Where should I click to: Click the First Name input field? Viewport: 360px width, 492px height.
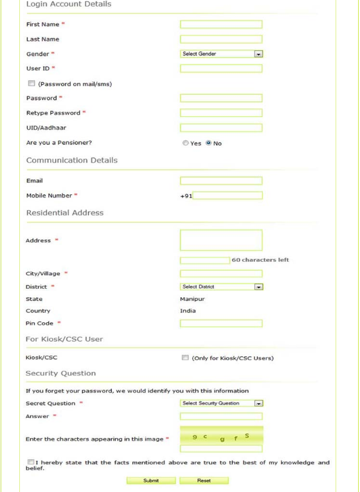pos(221,24)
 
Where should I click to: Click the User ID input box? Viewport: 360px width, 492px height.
pos(221,68)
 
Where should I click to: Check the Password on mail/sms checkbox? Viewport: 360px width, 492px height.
pos(31,84)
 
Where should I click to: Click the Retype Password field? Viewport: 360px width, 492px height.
pos(221,113)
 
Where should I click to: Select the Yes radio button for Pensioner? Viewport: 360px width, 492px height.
pos(186,143)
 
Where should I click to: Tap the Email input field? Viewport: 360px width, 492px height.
pos(221,181)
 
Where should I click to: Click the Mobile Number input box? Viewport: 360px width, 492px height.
pos(228,196)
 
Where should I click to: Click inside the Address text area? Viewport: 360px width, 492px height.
pos(221,240)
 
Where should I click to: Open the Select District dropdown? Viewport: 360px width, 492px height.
pos(223,287)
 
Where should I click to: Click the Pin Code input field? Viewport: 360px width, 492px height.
pos(221,323)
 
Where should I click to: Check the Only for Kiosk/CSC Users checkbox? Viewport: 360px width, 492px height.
pos(185,358)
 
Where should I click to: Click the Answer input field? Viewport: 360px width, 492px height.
pos(221,416)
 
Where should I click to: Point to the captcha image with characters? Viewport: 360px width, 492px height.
pos(221,435)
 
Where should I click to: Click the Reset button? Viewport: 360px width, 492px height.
pos(204,480)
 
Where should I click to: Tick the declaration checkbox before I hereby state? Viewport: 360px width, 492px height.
pos(31,462)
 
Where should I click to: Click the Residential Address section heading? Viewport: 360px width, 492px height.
pos(64,212)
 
